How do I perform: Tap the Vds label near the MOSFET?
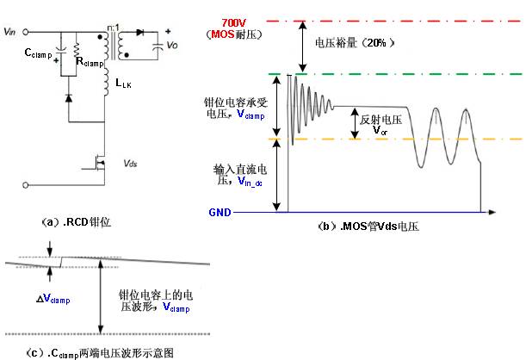(x=130, y=161)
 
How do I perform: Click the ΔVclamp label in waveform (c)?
(x=54, y=298)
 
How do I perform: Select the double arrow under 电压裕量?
(x=302, y=47)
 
